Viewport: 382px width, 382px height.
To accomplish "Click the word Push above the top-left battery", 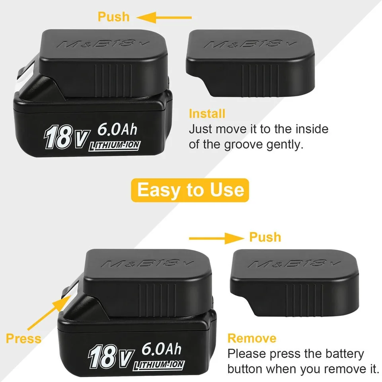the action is pyautogui.click(x=113, y=17).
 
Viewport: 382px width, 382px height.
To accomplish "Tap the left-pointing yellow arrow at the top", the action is pyautogui.click(x=164, y=18).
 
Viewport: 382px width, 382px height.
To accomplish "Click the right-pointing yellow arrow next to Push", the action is pyautogui.click(x=216, y=238).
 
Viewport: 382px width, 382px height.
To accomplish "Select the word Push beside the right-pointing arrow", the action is pyautogui.click(x=265, y=237).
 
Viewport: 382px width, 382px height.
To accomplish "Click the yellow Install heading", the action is pyautogui.click(x=207, y=114).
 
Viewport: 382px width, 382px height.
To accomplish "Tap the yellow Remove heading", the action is pyautogui.click(x=252, y=338).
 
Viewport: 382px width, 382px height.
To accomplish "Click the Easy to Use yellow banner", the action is pyautogui.click(x=190, y=190).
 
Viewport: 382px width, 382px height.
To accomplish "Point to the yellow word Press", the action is pyautogui.click(x=23, y=339).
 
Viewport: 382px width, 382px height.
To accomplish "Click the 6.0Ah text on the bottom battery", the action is pyautogui.click(x=162, y=349).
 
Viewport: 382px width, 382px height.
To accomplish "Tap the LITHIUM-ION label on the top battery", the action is pyautogui.click(x=115, y=146).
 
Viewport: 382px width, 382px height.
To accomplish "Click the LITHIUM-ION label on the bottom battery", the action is pyautogui.click(x=159, y=365).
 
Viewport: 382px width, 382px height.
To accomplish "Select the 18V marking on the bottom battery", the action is pyautogui.click(x=111, y=357).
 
